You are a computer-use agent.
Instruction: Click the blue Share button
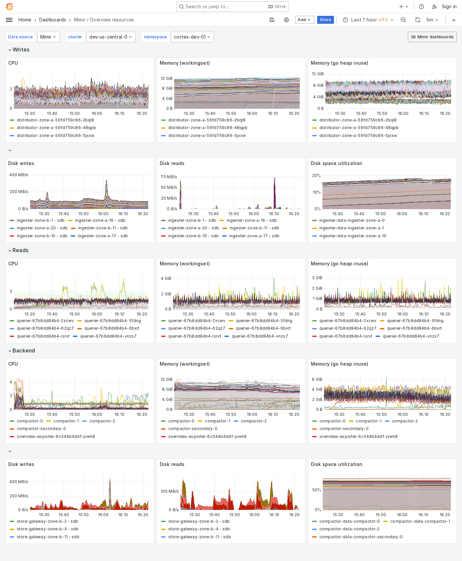325,20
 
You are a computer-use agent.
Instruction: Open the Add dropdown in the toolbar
304,20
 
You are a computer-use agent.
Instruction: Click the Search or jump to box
232,7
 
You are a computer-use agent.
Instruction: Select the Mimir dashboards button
432,37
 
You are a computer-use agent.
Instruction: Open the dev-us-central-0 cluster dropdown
111,37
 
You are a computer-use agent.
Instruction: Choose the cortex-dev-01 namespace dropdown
192,37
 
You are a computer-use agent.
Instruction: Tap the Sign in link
449,7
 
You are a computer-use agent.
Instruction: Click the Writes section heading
21,50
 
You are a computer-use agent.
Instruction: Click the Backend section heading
23,351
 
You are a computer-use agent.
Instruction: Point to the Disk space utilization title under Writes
336,163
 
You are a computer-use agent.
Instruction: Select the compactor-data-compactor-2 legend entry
349,529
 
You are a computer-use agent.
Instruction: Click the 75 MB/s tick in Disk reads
169,177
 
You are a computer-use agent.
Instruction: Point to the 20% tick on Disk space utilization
316,176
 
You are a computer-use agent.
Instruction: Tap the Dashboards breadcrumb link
52,20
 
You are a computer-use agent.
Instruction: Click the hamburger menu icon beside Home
9,20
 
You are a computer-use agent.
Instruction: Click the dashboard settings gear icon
286,20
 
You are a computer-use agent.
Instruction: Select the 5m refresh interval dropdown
432,20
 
